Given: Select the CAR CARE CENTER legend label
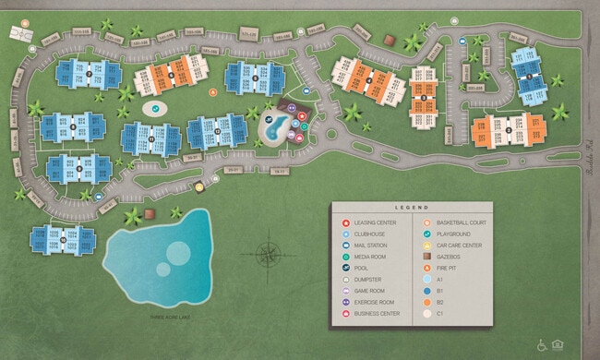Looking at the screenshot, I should click(x=460, y=246).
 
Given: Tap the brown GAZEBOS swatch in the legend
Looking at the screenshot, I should click(x=426, y=257).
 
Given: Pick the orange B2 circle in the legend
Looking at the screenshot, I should click(x=426, y=302).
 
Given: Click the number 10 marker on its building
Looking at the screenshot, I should click(x=63, y=238).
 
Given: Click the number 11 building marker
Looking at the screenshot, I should click(x=150, y=138).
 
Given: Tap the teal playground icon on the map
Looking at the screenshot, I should click(x=156, y=108).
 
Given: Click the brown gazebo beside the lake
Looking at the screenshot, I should click(x=176, y=212).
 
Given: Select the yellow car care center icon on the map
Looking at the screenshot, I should click(x=198, y=186).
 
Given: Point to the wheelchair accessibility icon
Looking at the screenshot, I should click(x=542, y=344).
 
